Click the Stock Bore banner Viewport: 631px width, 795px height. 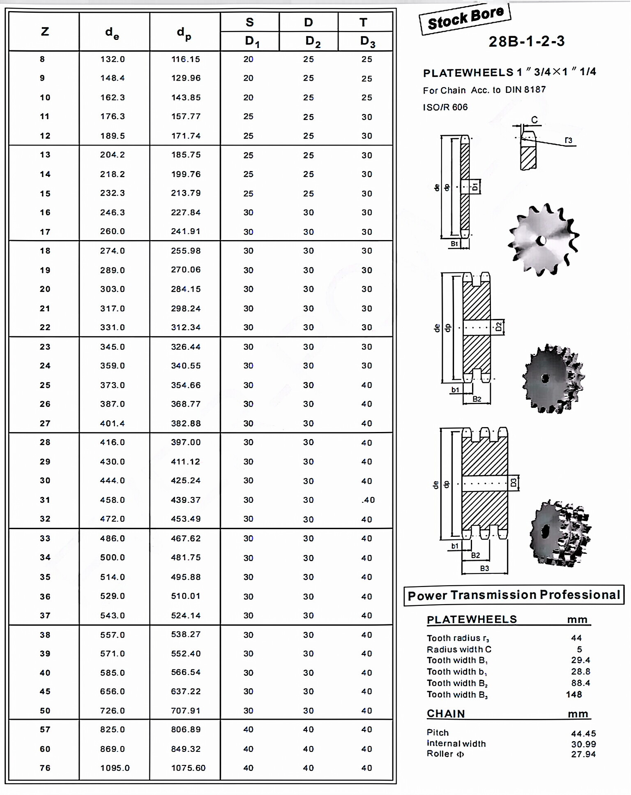(x=465, y=18)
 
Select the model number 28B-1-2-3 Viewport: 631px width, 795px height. (x=526, y=42)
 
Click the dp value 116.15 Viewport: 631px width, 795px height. (x=186, y=59)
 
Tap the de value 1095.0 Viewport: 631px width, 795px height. (x=115, y=768)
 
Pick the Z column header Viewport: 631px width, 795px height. (x=45, y=32)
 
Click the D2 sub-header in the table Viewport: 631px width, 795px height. (x=313, y=41)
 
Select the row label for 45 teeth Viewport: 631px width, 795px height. (x=45, y=691)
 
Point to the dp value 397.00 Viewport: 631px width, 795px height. (x=186, y=442)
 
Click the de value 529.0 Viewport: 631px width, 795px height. (x=112, y=596)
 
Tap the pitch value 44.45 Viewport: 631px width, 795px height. (x=583, y=733)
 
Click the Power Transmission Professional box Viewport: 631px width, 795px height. (x=514, y=595)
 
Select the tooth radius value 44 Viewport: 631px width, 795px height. (x=576, y=638)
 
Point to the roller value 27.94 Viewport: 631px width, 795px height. (x=583, y=754)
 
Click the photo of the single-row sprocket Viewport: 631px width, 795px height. (x=543, y=239)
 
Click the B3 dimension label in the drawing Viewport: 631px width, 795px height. (x=484, y=569)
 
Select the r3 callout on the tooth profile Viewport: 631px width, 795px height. (x=568, y=141)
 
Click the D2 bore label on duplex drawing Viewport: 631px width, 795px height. (x=498, y=327)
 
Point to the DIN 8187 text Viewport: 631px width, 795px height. (x=525, y=90)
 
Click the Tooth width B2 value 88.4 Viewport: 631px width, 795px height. (x=580, y=683)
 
